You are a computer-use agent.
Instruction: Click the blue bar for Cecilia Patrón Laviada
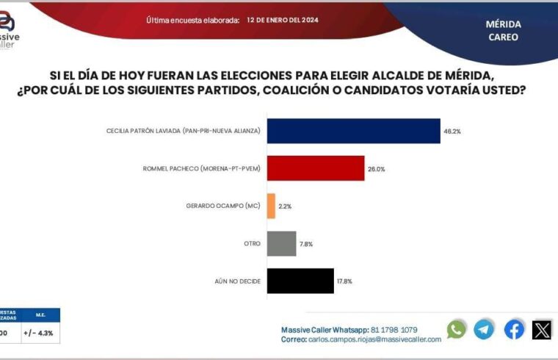tap(353, 131)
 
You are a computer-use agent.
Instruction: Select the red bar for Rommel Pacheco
tap(316, 168)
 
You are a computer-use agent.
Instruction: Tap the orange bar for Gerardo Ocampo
tap(271, 206)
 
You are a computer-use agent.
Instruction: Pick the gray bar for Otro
tap(281, 243)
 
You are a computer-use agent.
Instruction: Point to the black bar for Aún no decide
tap(300, 281)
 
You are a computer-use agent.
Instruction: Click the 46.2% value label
tap(452, 131)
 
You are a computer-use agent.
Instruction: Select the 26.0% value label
tap(376, 168)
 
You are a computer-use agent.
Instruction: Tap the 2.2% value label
tap(285, 206)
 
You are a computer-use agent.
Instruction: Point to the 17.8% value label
tap(345, 281)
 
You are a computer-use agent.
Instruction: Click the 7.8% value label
tap(306, 244)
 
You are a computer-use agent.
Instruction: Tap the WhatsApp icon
tap(456, 330)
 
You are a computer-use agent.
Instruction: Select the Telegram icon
tap(484, 330)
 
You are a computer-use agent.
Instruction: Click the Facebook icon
tap(514, 330)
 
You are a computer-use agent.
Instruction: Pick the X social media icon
tap(542, 330)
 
